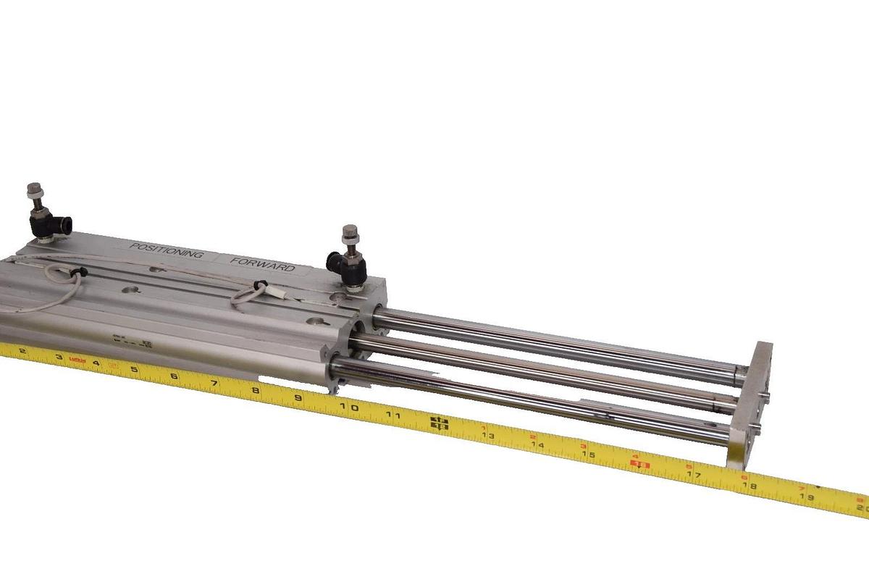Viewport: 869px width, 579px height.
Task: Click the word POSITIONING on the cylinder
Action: click(164, 250)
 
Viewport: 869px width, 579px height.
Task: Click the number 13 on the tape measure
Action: click(490, 436)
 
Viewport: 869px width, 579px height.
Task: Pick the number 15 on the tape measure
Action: click(589, 455)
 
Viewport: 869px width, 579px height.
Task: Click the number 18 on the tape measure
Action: click(750, 486)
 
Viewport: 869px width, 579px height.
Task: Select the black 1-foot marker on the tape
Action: click(440, 424)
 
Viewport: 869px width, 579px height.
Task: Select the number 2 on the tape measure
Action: click(22, 352)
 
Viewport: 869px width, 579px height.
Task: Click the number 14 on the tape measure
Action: click(537, 445)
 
